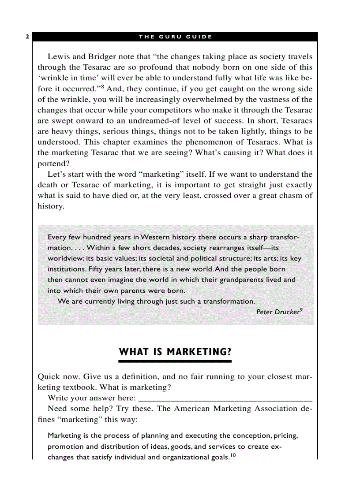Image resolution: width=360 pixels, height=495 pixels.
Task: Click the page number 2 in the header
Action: [27, 37]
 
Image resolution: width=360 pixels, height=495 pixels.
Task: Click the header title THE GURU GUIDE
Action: [175, 37]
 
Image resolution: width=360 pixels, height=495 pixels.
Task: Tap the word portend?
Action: [51, 164]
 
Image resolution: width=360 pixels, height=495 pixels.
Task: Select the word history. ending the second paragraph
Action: [51, 207]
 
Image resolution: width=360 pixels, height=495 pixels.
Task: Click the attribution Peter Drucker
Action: [277, 312]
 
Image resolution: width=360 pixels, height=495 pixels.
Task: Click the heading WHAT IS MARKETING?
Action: [175, 352]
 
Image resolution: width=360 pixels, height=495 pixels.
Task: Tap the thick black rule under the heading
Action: [175, 361]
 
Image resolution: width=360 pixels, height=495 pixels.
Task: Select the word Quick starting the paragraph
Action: [49, 377]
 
